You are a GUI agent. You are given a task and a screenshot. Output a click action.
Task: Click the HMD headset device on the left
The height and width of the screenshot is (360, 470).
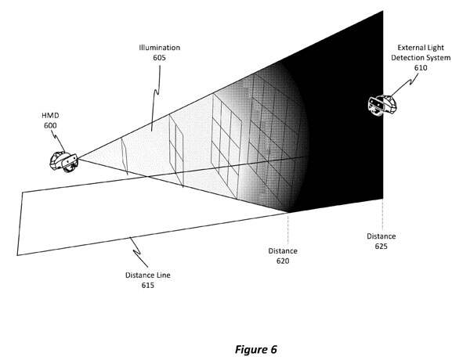point(62,160)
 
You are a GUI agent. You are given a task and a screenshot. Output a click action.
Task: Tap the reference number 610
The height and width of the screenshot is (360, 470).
point(423,67)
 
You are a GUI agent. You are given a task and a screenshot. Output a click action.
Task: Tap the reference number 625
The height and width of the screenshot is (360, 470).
point(381,246)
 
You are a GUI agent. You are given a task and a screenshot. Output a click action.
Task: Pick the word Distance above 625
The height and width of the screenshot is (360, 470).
point(381,236)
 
